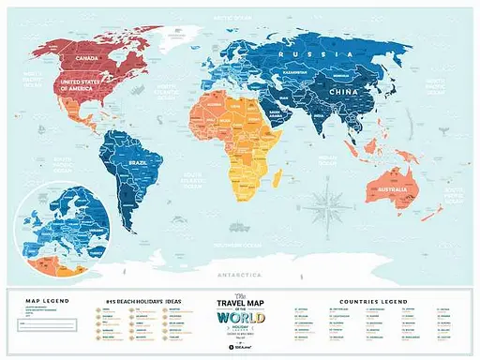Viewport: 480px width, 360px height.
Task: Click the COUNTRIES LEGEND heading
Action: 367,303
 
